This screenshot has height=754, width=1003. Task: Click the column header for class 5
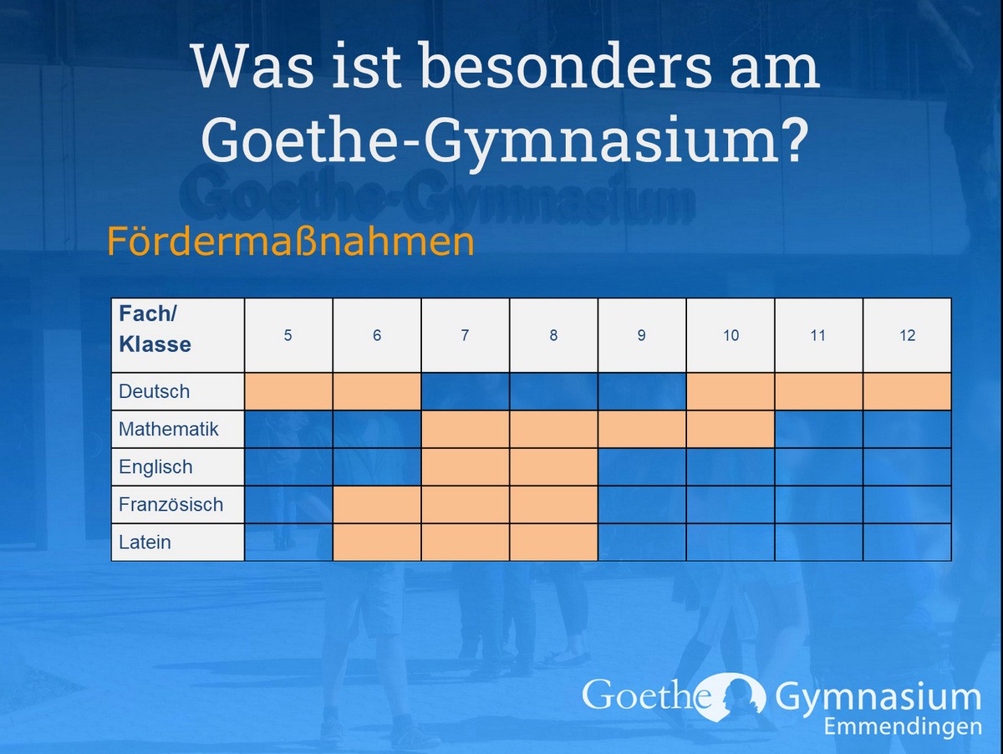coord(288,335)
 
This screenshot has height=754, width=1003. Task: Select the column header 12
coord(908,335)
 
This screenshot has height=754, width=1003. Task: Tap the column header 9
coord(642,335)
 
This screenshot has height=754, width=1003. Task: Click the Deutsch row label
coord(155,391)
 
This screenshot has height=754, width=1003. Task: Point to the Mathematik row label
coord(169,429)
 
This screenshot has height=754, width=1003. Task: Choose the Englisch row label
coord(155,467)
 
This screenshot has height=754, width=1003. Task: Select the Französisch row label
coord(171,505)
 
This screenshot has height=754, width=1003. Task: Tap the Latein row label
coord(145,543)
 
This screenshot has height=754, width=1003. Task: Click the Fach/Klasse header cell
coord(178,335)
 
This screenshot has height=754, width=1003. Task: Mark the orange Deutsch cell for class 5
coord(288,391)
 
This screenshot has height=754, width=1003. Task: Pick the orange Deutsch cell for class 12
coord(908,391)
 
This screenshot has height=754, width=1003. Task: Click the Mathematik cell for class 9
coord(642,429)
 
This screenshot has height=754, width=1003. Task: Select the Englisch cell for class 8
coord(554,466)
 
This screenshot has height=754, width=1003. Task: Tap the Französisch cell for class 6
coord(377,505)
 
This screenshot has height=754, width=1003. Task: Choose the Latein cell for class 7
coord(466,542)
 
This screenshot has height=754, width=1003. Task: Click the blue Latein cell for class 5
coord(288,542)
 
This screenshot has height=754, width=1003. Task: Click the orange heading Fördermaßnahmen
coord(291,241)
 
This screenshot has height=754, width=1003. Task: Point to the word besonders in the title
coord(566,66)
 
